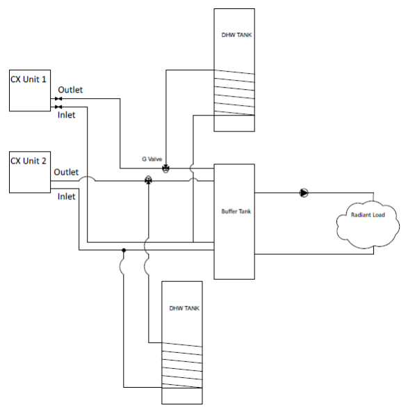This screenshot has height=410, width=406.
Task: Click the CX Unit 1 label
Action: pyautogui.click(x=29, y=79)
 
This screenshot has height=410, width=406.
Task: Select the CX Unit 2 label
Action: pyautogui.click(x=29, y=161)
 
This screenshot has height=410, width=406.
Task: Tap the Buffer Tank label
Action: pyautogui.click(x=236, y=212)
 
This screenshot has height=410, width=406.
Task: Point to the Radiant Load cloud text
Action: pyautogui.click(x=368, y=215)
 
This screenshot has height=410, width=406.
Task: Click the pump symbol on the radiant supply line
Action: pyautogui.click(x=304, y=193)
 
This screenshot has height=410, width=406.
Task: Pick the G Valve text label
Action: pyautogui.click(x=152, y=159)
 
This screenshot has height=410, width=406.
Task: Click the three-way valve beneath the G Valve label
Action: pyautogui.click(x=165, y=168)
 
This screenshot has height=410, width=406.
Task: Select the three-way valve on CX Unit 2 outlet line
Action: pyautogui.click(x=148, y=180)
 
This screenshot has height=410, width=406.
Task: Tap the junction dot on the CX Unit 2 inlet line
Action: pyautogui.click(x=124, y=250)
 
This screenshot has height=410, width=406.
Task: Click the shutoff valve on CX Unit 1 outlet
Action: pyautogui.click(x=58, y=99)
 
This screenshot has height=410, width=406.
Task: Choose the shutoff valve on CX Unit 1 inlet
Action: pyautogui.click(x=58, y=107)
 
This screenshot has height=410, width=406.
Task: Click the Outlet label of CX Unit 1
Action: pyautogui.click(x=70, y=90)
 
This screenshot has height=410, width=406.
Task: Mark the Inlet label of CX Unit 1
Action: pyautogui.click(x=66, y=115)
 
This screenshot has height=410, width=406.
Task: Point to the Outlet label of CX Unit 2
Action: pyautogui.click(x=66, y=172)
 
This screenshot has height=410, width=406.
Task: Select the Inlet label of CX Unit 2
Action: pyautogui.click(x=66, y=196)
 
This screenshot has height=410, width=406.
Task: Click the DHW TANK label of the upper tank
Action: pyautogui.click(x=236, y=35)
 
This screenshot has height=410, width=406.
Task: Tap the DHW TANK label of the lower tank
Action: pyautogui.click(x=184, y=308)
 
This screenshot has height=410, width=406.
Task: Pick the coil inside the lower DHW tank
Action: pyautogui.click(x=182, y=365)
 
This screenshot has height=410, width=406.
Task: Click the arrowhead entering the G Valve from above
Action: pyautogui.click(x=166, y=164)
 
